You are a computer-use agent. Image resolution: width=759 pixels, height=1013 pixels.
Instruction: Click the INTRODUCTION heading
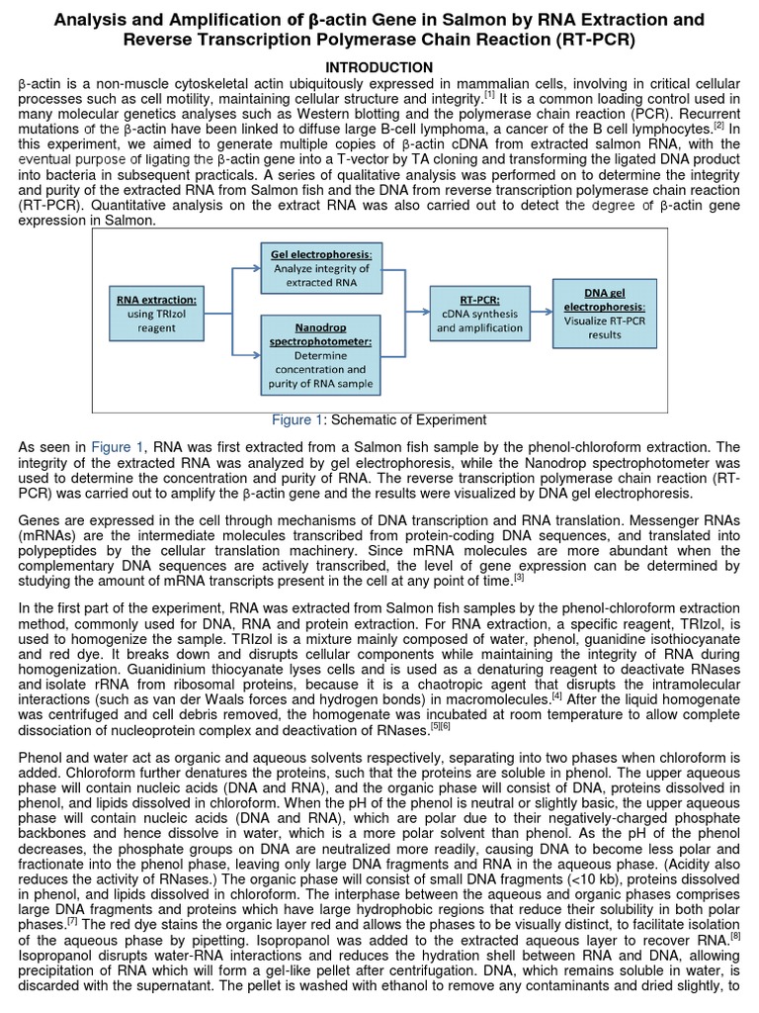(x=379, y=66)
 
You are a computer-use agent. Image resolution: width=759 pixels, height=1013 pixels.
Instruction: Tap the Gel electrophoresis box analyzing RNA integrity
(x=320, y=268)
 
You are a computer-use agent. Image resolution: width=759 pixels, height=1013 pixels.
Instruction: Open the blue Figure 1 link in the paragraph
(x=119, y=447)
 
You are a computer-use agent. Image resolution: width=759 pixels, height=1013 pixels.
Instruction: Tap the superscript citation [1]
(x=489, y=94)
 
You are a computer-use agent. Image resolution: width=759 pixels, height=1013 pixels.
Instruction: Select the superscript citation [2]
(x=719, y=125)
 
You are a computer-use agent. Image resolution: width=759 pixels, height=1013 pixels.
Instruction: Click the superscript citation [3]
(x=518, y=578)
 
